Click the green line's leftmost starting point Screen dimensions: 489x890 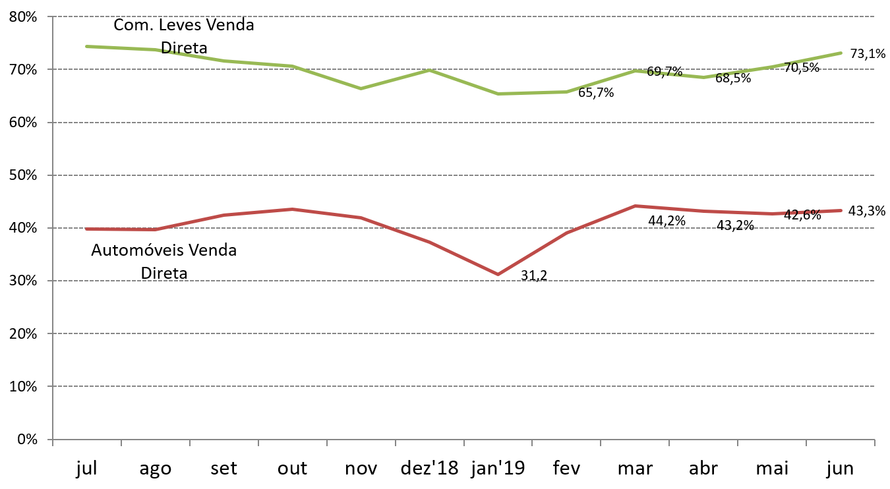tap(87, 46)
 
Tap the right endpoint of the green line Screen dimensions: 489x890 tap(841, 53)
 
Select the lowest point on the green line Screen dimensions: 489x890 tap(498, 94)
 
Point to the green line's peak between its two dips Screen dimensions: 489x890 tap(429, 69)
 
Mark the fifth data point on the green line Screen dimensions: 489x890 tap(361, 88)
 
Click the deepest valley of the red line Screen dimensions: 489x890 tap(498, 274)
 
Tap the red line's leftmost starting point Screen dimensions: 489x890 tap(87, 229)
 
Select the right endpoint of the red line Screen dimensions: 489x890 tap(841, 210)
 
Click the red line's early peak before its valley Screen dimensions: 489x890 tap(293, 209)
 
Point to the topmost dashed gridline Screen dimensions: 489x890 tap(461, 16)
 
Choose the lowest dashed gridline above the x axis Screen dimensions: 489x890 tap(461, 386)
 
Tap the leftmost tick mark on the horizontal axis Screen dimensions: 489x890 tap(53, 442)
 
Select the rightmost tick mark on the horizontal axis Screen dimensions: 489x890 tap(874, 442)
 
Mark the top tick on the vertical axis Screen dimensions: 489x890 tap(50, 16)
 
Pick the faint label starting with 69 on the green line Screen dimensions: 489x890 tap(665, 72)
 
